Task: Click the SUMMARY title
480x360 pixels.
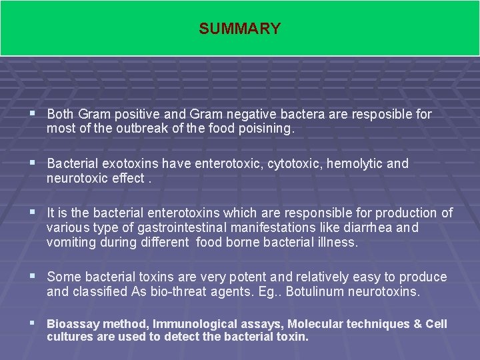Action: click(x=239, y=29)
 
